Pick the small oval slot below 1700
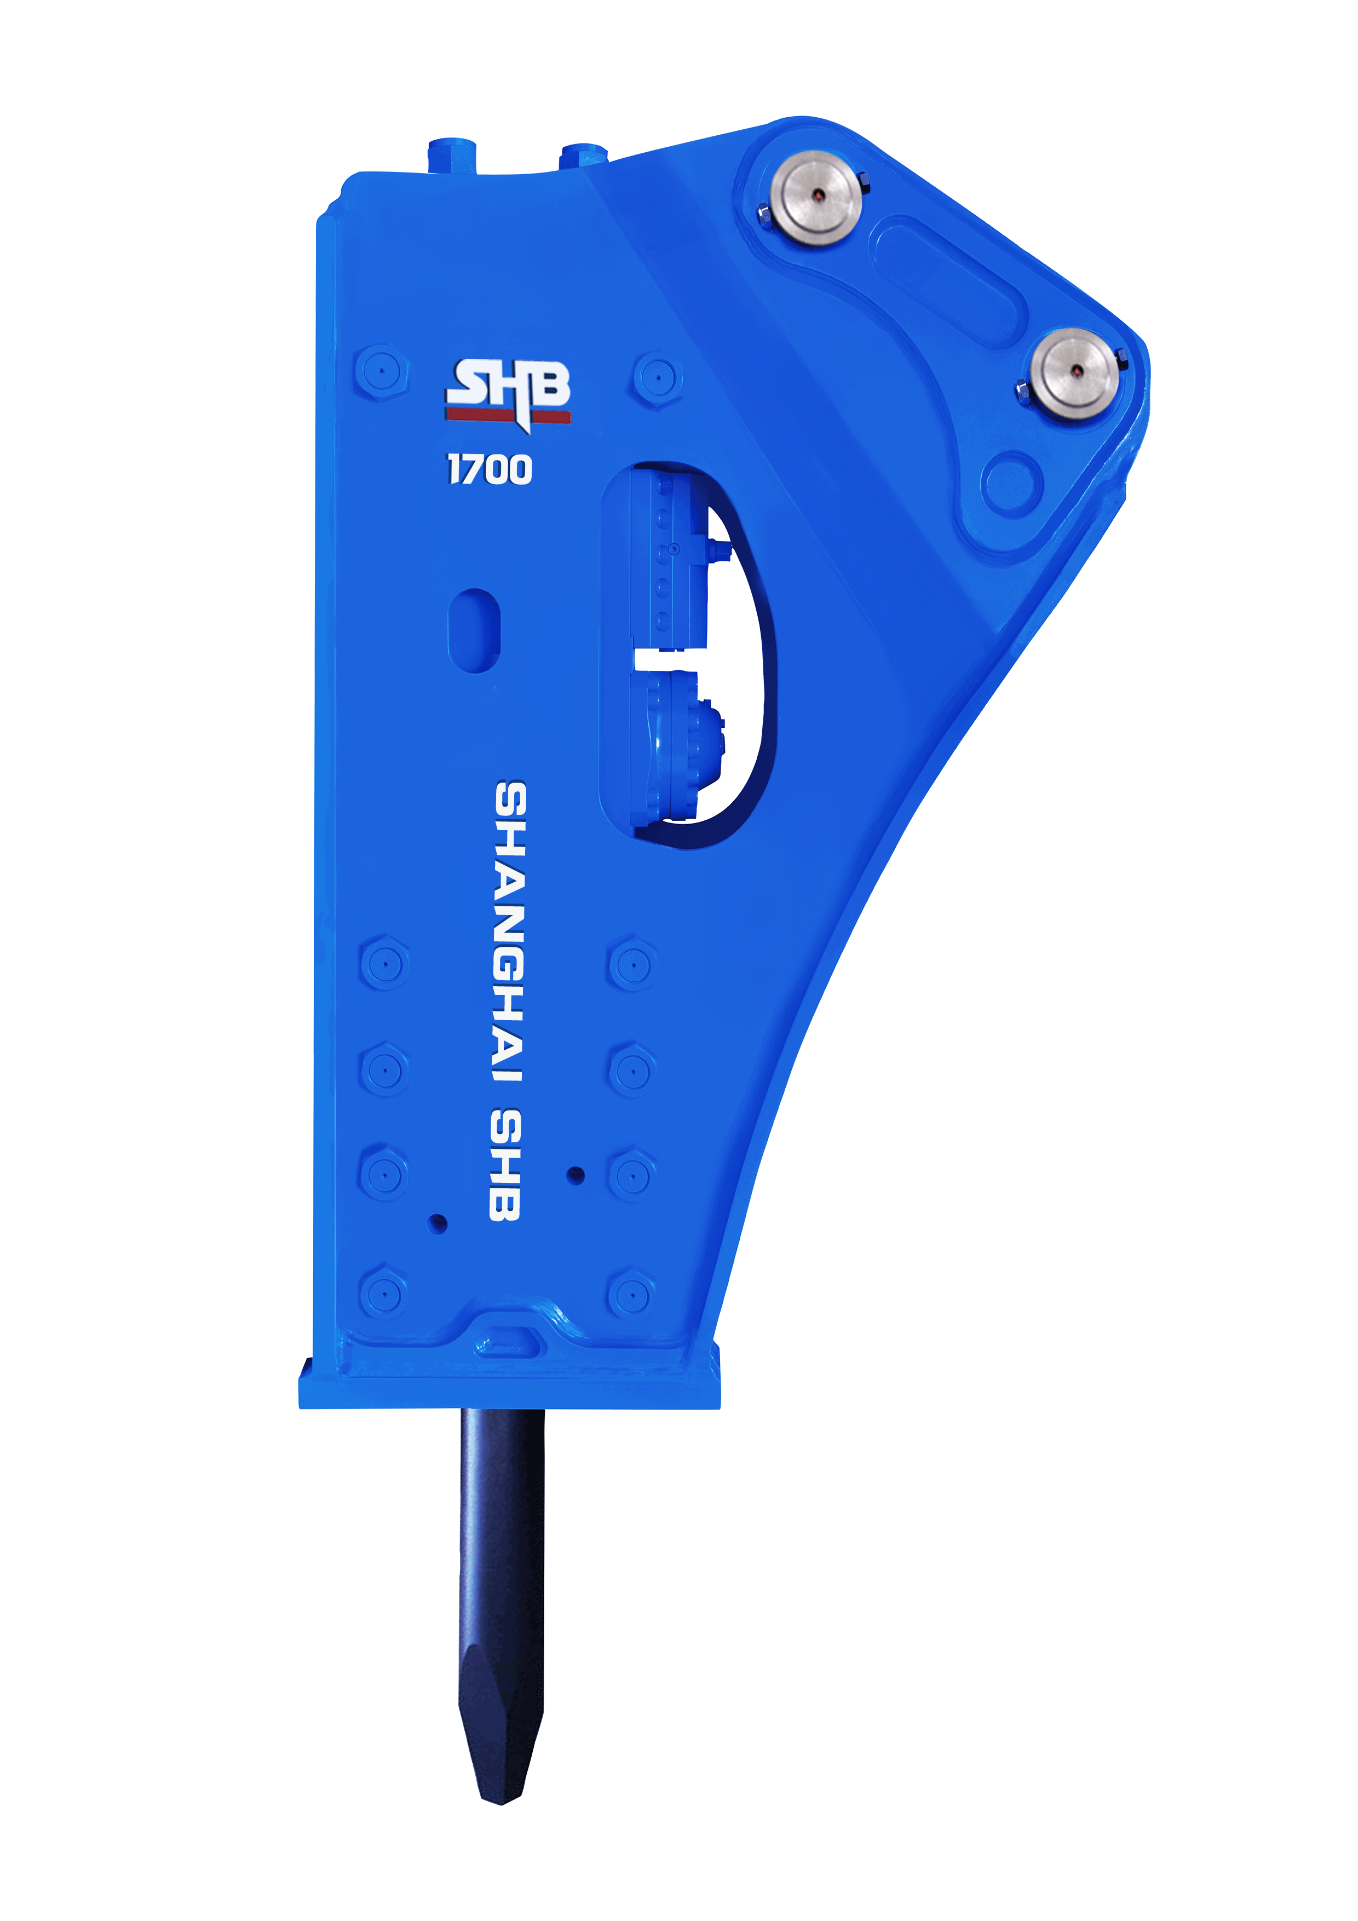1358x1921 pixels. [474, 630]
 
